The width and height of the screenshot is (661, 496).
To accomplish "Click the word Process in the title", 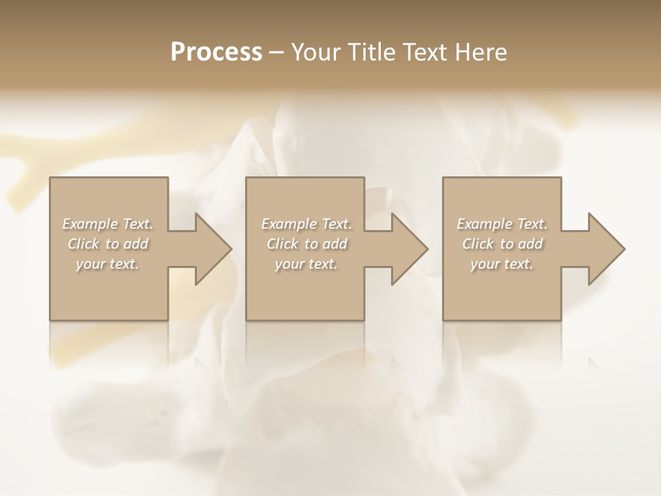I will (216, 52).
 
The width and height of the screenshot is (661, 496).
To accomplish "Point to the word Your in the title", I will (318, 52).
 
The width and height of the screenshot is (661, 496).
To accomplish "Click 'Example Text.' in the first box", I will (108, 224).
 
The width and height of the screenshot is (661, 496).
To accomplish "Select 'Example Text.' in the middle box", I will (306, 224).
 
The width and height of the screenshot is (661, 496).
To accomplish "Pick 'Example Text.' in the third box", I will (502, 224).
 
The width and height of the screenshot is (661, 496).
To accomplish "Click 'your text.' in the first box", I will (108, 264).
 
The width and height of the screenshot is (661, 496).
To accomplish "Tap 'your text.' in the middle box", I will (306, 264).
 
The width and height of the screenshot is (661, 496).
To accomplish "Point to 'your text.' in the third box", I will (502, 264).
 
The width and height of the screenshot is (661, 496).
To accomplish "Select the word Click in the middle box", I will (282, 244).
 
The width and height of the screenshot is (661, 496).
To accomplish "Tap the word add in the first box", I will (136, 244).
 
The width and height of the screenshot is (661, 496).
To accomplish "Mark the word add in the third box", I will (531, 244).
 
